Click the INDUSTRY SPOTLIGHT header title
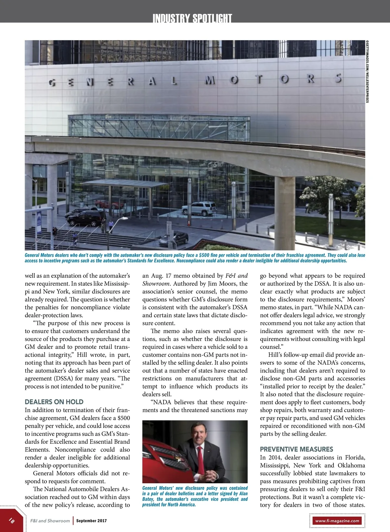(x=192, y=18)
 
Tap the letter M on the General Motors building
(x=210, y=80)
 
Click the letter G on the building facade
(x=52, y=83)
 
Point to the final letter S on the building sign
(x=338, y=78)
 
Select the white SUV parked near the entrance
(x=199, y=208)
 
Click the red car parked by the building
(x=105, y=205)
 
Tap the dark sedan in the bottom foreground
(x=174, y=239)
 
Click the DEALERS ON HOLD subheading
(x=54, y=402)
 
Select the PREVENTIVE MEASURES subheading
(x=296, y=449)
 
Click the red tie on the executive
(x=201, y=461)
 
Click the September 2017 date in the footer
(x=91, y=521)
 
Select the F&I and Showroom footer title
(x=50, y=521)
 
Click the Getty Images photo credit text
(x=367, y=71)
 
